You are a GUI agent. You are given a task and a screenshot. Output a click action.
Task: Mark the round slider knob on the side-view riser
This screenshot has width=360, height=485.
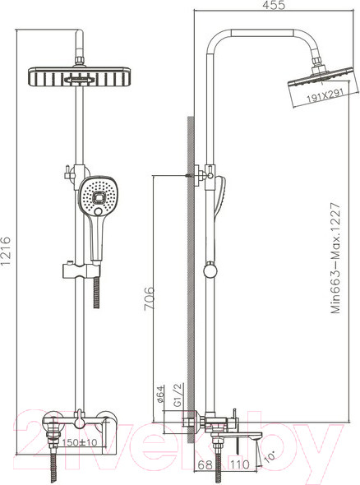(x=211, y=270)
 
